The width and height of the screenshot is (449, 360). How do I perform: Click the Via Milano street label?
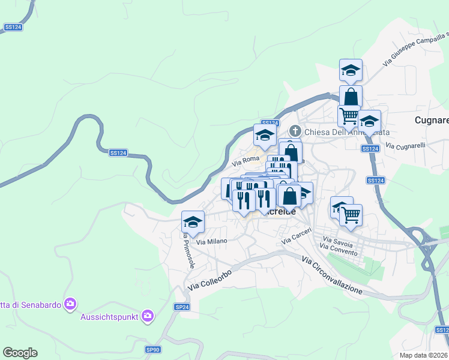(x=212, y=241)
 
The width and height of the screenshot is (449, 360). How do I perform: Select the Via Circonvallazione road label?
(x=333, y=275)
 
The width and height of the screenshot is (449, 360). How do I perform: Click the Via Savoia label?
(x=336, y=245)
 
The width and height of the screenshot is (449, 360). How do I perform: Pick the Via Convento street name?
(x=339, y=252)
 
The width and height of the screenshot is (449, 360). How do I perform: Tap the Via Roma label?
(x=245, y=162)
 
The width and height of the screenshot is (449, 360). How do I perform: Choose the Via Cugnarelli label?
(x=405, y=146)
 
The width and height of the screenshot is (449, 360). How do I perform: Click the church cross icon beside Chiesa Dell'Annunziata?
(x=295, y=131)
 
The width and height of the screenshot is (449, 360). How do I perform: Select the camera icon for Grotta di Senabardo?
(x=71, y=304)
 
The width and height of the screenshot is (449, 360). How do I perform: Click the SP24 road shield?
(x=182, y=307)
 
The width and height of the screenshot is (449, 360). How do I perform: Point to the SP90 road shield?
(x=153, y=349)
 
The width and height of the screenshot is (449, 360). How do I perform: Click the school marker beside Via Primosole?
(x=193, y=222)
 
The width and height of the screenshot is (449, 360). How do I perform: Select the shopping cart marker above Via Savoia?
(x=351, y=214)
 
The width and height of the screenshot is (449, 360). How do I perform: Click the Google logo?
(x=20, y=353)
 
